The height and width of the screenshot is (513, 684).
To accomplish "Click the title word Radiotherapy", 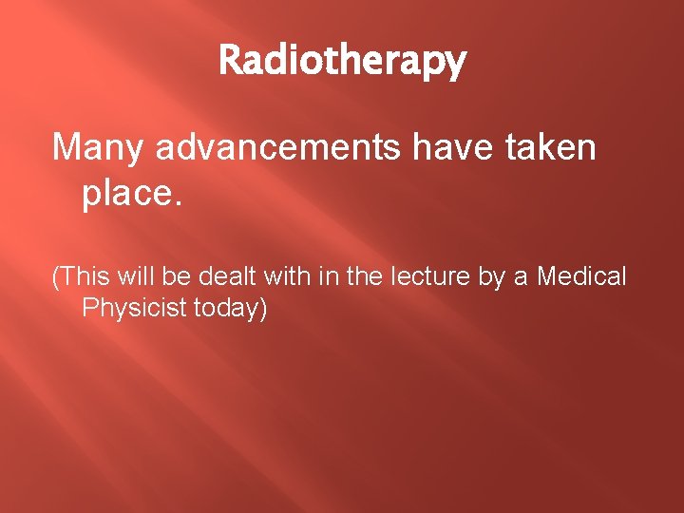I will click(342, 61).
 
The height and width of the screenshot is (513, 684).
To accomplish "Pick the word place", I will click(129, 195).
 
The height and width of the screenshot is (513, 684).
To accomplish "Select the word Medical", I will click(581, 276).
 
